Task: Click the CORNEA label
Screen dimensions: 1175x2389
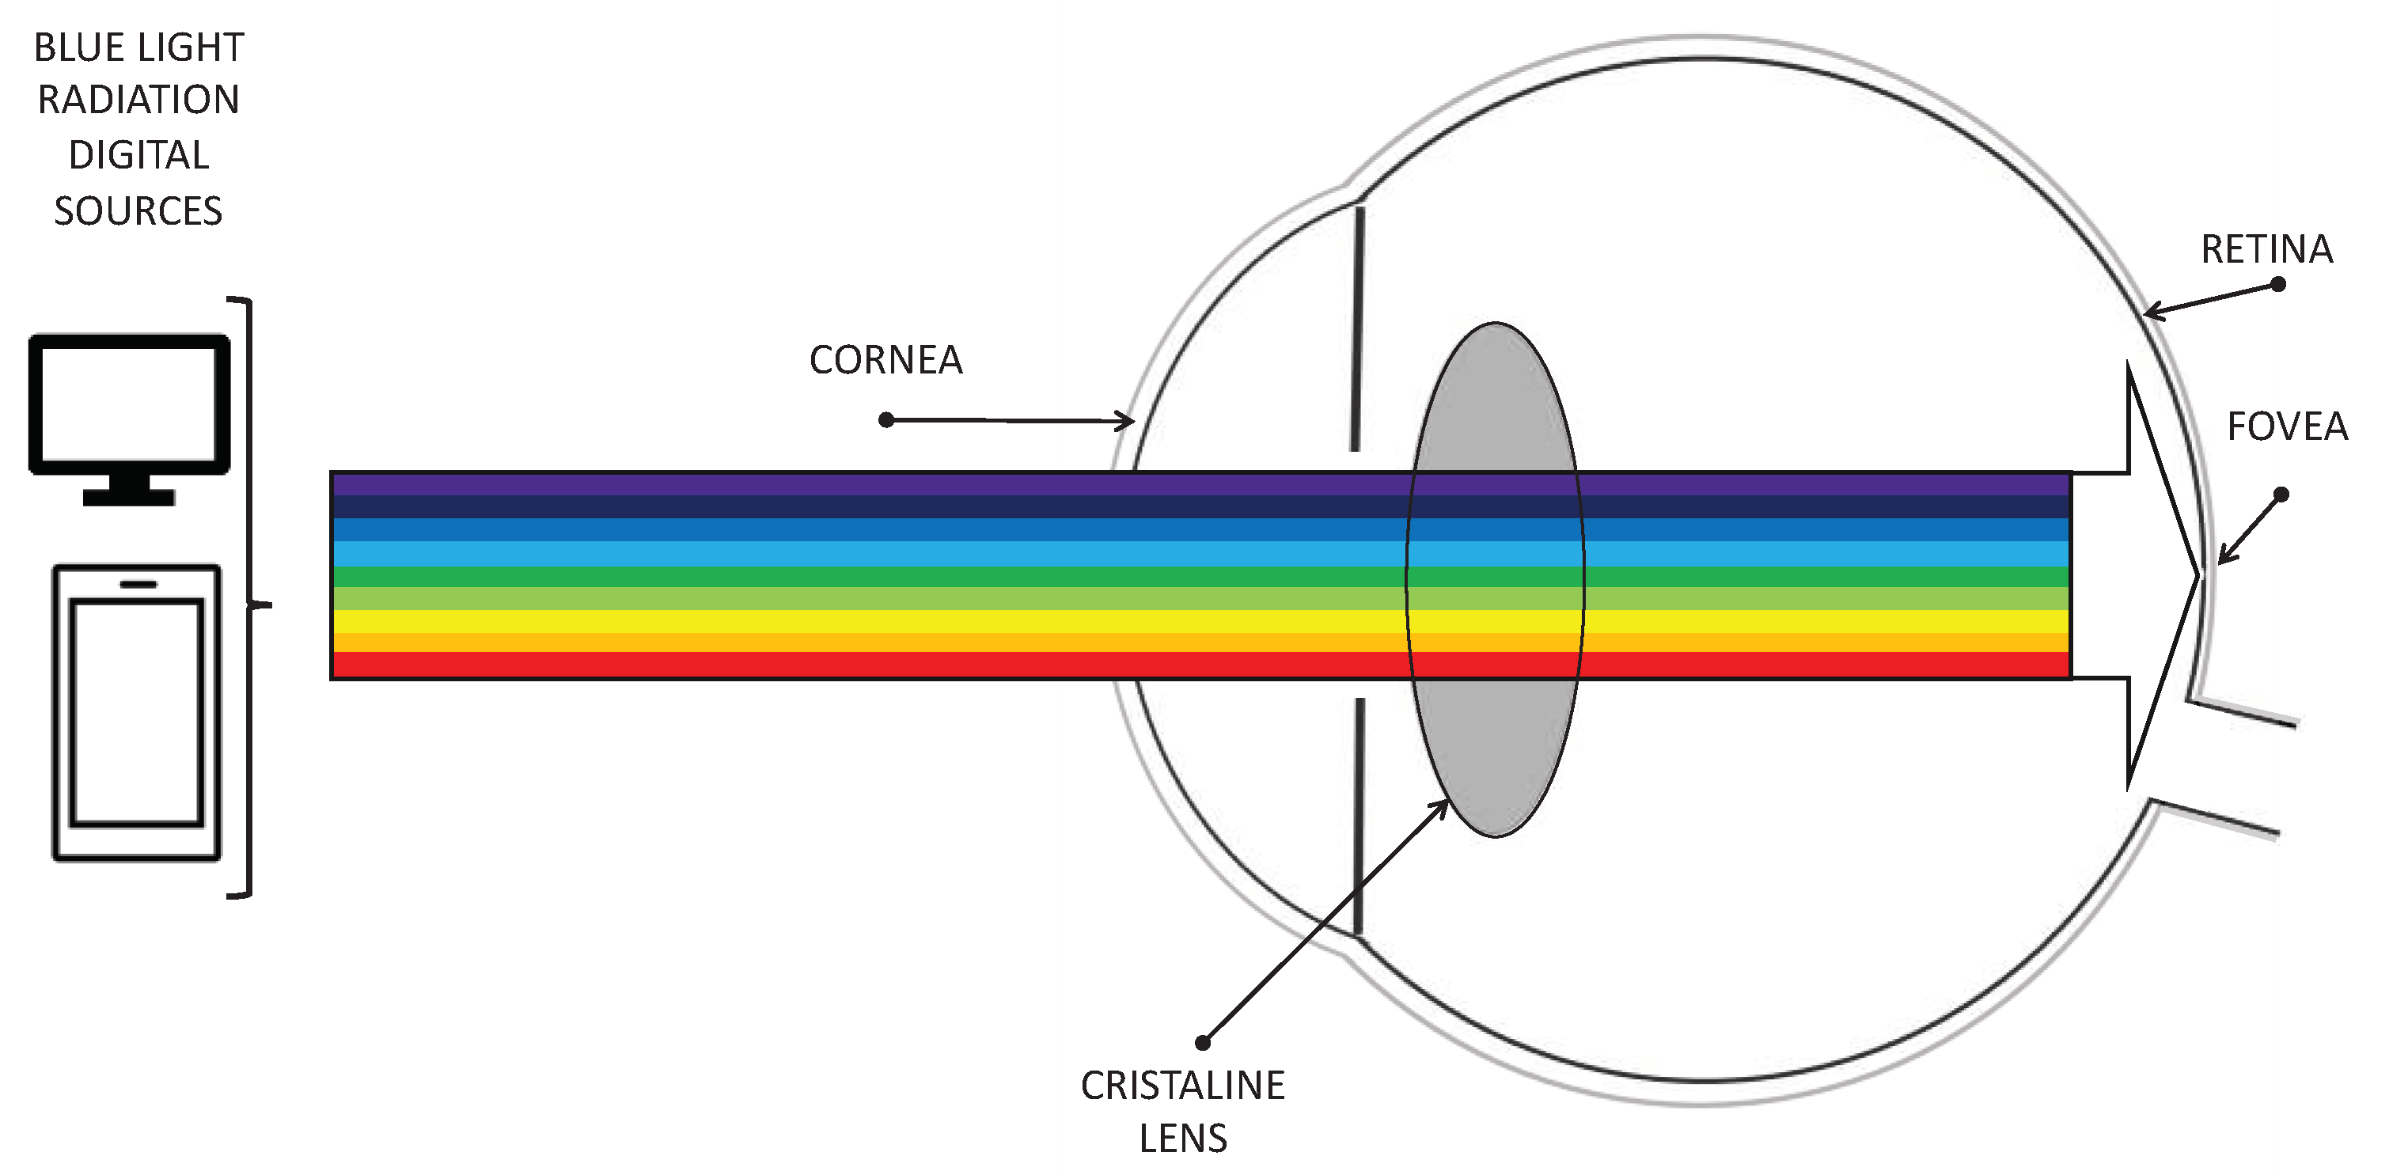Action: pos(885,360)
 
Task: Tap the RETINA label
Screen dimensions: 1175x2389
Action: pos(2266,249)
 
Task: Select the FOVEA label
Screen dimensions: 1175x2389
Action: pos(2287,426)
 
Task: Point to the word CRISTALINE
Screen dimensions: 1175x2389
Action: pos(1182,1085)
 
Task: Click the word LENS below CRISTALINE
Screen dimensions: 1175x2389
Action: pos(1182,1138)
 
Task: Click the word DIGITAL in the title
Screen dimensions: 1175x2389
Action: pos(138,155)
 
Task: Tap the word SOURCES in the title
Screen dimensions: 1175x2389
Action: pos(138,211)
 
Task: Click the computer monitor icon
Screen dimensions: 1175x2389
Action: pos(129,405)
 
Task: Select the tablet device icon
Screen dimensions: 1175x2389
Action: pos(136,712)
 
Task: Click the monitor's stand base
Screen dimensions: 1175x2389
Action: pos(129,497)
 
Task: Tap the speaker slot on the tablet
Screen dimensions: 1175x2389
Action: pos(138,584)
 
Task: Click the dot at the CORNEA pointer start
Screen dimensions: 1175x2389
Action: pos(885,420)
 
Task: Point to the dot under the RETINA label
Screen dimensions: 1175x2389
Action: pos(2277,284)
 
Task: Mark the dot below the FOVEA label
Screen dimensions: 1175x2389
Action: pos(2281,495)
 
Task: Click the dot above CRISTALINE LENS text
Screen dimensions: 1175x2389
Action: pos(1203,1042)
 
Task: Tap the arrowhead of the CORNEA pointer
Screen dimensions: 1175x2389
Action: pos(1128,421)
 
